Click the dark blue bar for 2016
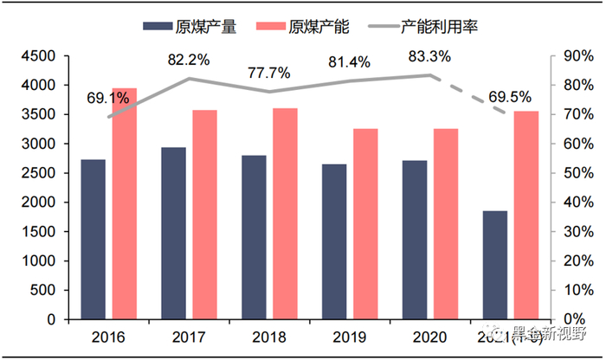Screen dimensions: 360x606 click(93, 239)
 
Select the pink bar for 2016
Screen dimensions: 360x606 click(124, 203)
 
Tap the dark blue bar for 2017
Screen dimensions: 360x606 click(174, 233)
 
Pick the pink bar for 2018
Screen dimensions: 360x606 click(285, 213)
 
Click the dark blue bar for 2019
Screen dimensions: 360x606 click(335, 241)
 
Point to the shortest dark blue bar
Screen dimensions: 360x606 click(495, 265)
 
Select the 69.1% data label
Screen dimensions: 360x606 click(107, 97)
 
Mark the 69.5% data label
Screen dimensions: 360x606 click(511, 97)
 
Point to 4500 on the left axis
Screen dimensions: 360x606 click(37, 56)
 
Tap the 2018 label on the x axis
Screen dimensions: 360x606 click(269, 336)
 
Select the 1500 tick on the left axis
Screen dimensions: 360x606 click(37, 231)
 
